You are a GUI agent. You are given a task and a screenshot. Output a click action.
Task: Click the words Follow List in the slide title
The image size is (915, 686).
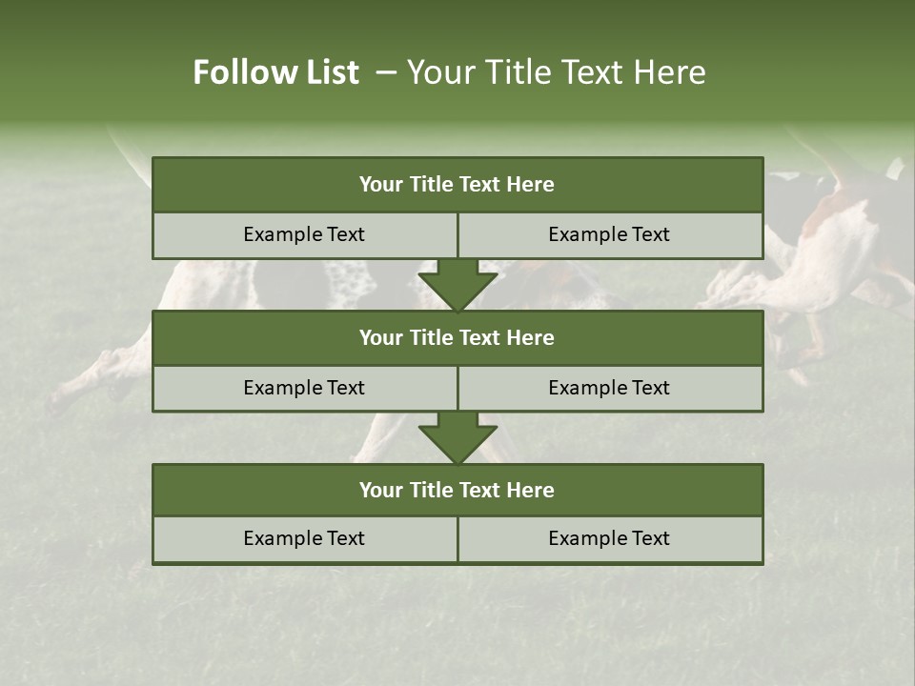click(275, 72)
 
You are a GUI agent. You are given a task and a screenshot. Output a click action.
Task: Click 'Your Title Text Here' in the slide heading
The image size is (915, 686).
click(556, 72)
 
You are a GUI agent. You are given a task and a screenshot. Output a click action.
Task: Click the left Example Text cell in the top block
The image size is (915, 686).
click(304, 234)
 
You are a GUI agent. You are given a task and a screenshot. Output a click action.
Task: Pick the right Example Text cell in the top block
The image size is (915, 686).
click(610, 234)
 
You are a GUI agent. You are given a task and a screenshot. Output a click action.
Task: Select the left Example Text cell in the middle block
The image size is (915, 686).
click(304, 388)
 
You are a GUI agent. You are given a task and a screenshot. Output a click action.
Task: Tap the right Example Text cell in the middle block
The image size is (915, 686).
click(610, 388)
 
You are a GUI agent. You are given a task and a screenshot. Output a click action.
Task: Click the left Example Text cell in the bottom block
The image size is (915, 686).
click(304, 538)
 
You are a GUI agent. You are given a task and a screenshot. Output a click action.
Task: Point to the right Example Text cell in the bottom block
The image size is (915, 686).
click(610, 538)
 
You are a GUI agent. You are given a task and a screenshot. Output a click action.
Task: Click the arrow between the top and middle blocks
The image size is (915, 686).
click(457, 284)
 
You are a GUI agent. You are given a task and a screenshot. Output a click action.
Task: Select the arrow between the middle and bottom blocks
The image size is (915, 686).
click(457, 437)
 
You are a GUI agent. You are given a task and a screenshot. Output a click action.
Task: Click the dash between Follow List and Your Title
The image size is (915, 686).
click(386, 72)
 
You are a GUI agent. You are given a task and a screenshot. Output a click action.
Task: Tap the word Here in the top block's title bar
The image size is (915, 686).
click(531, 185)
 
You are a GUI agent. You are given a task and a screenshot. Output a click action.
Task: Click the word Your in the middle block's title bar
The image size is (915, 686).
click(380, 337)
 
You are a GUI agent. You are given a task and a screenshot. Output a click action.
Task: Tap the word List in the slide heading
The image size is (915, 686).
click(328, 72)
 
